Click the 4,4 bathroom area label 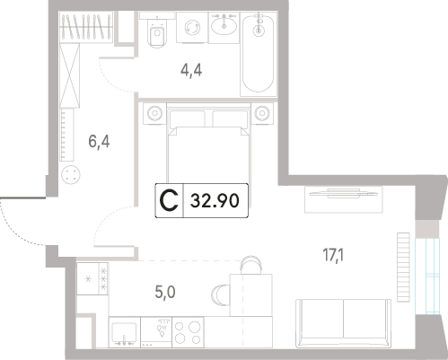click(x=191, y=71)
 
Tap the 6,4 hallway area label click(x=99, y=141)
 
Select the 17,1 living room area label click(x=333, y=255)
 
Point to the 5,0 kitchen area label click(x=165, y=292)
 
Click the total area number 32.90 click(x=215, y=200)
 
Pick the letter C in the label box click(x=169, y=200)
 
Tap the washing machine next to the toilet click(x=192, y=27)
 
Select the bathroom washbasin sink click(x=224, y=24)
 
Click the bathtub click(x=258, y=54)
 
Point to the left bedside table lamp click(x=154, y=113)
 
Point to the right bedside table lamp click(x=262, y=113)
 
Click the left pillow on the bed click(x=188, y=119)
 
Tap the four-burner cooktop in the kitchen click(x=188, y=332)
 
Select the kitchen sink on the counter click(x=125, y=332)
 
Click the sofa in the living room click(x=343, y=323)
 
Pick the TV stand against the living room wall click(x=344, y=199)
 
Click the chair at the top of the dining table click(x=251, y=265)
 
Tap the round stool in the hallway click(x=71, y=175)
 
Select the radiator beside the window click(x=403, y=268)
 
